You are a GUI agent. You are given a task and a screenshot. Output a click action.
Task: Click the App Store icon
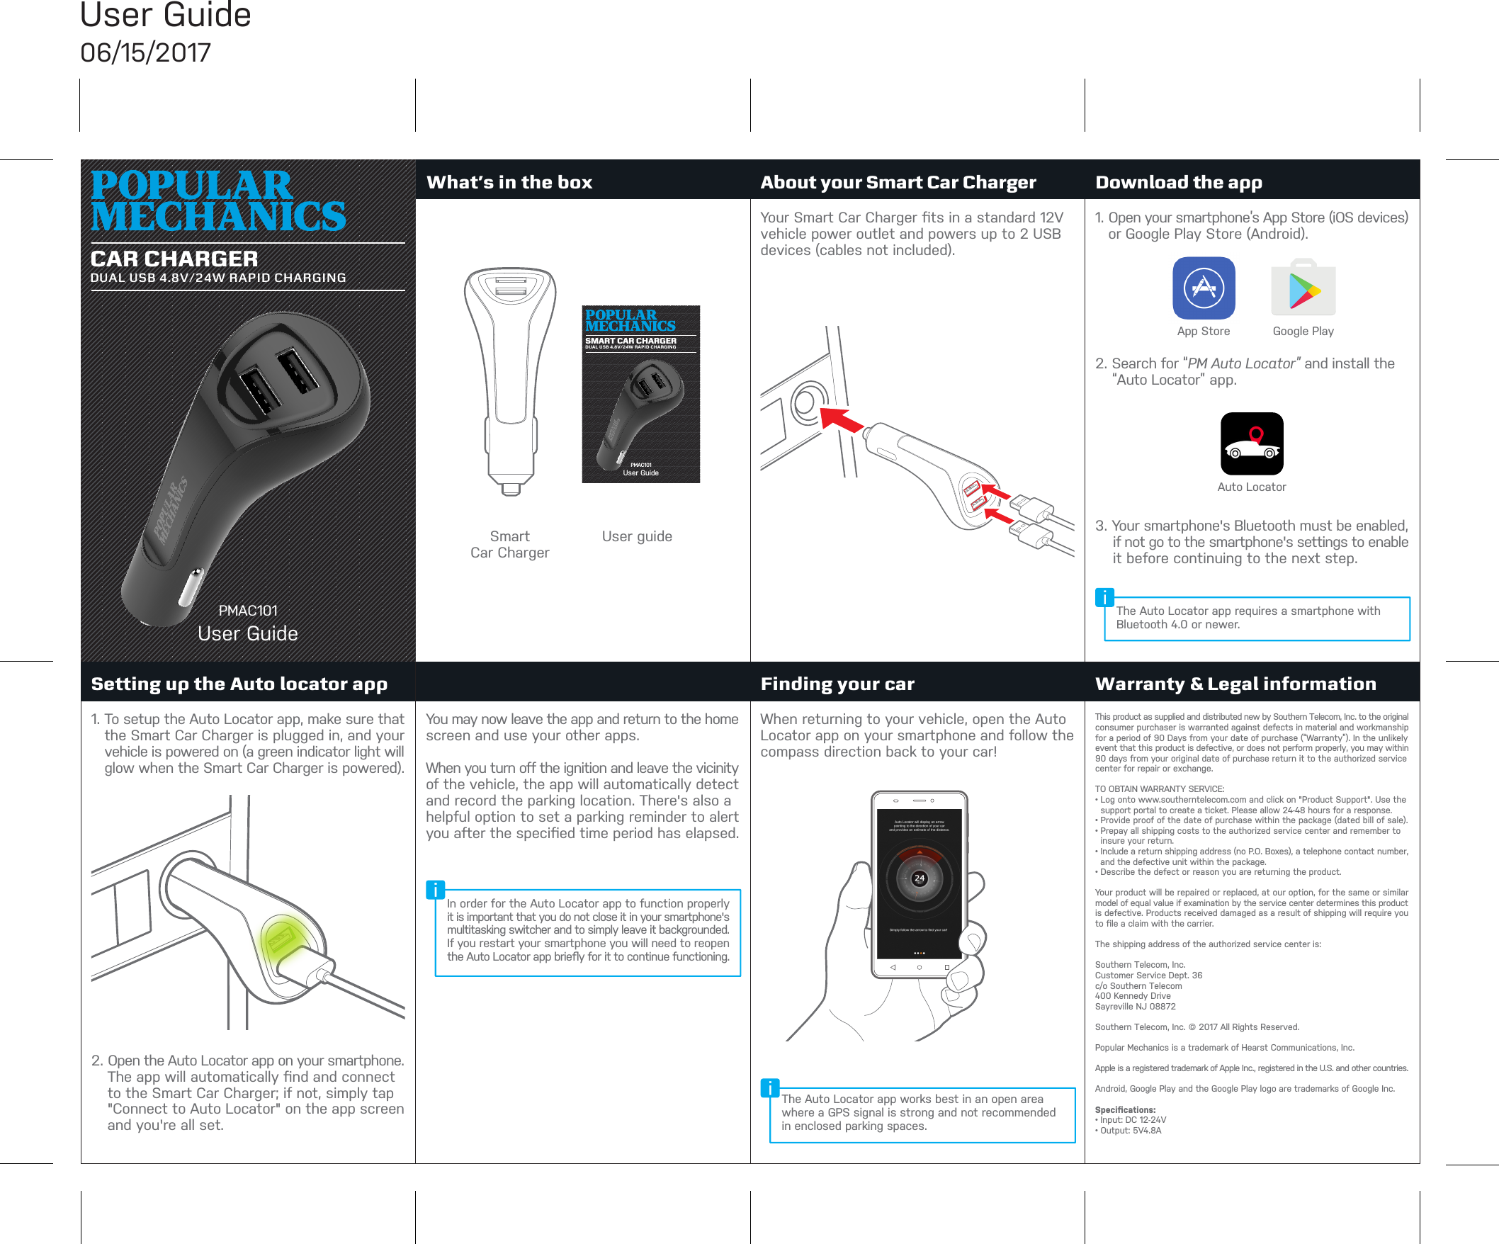pos(1204,288)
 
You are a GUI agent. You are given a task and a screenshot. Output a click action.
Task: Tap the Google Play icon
pos(1303,289)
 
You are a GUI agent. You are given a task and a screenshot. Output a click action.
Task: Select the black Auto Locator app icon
pos(1251,443)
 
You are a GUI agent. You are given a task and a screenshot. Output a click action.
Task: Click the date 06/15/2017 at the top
pos(146,53)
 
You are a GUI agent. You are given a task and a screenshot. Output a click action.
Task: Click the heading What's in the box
pos(509,182)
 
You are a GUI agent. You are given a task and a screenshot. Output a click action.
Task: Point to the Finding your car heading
pos(837,684)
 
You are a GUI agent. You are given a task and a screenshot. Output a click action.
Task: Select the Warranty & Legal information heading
pos(1235,684)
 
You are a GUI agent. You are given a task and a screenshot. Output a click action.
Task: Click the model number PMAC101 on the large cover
pos(248,610)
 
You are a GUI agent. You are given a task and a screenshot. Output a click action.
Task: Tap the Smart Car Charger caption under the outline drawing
pos(509,545)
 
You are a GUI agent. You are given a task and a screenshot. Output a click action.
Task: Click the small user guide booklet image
pos(640,394)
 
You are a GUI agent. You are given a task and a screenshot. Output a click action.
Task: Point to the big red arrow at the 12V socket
pos(842,419)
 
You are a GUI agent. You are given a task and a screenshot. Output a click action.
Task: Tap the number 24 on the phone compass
pos(920,878)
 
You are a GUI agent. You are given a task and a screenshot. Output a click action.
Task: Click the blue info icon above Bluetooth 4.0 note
pos(1104,597)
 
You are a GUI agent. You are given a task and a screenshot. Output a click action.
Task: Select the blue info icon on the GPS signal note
pos(769,1087)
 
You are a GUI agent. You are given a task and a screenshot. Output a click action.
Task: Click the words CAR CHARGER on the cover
pos(174,259)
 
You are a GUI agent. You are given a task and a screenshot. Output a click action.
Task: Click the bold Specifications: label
pos(1125,1109)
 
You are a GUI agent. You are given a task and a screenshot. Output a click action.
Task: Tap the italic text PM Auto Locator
pos(1241,363)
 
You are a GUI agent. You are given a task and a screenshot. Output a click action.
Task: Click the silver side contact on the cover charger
pos(191,587)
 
